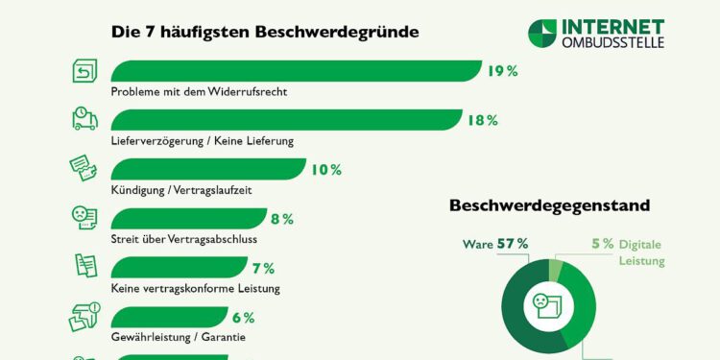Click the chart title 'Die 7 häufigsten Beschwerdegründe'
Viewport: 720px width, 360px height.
click(265, 32)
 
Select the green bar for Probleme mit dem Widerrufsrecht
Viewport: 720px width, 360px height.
click(296, 71)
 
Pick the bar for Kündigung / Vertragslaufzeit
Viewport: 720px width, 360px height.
click(207, 170)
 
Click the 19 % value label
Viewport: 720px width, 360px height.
click(502, 71)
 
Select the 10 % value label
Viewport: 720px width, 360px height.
click(326, 170)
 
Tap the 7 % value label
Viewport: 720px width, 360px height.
click(263, 269)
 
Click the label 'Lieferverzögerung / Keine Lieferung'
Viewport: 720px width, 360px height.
click(202, 140)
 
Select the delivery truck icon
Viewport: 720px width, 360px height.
click(85, 118)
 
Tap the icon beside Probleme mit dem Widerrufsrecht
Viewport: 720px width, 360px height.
click(85, 70)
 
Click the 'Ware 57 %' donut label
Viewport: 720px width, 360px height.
click(495, 244)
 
